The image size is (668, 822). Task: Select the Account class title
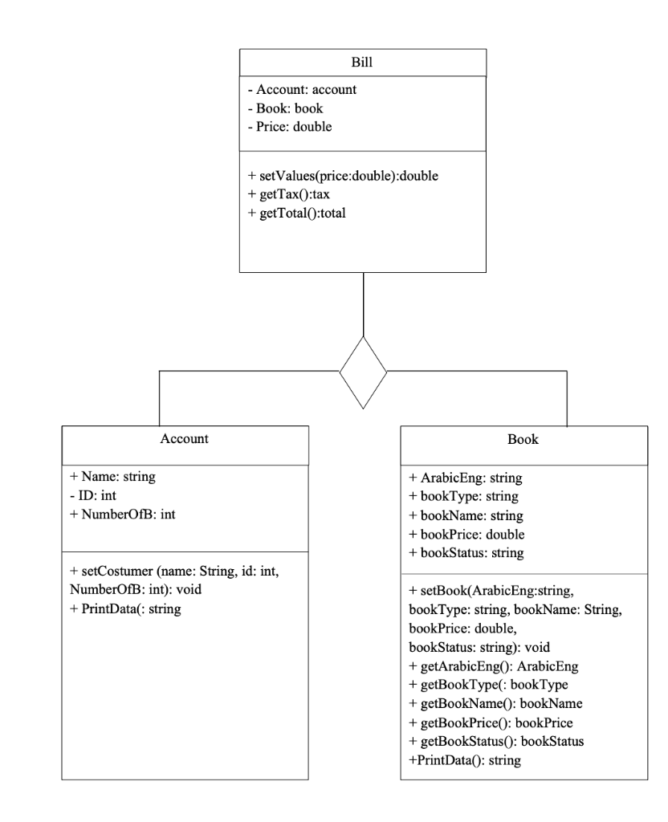[x=185, y=439]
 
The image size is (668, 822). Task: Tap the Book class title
[x=523, y=440]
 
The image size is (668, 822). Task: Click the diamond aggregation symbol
[x=363, y=372]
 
